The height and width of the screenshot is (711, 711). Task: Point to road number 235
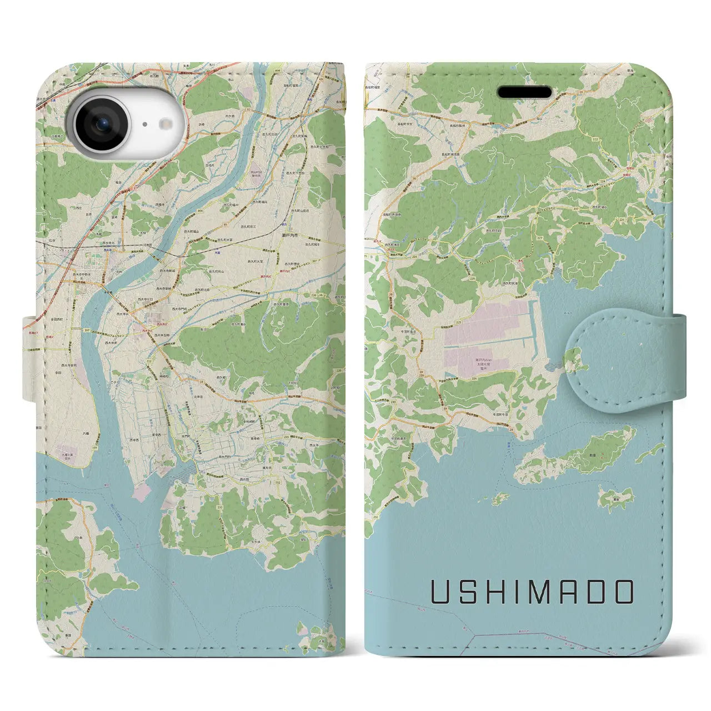[286, 437]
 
